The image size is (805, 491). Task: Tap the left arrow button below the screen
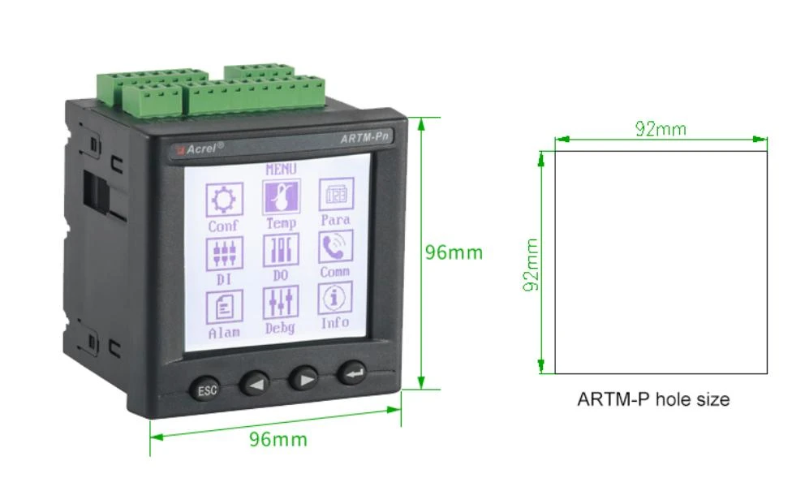click(x=255, y=382)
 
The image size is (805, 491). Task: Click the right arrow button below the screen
click(x=304, y=379)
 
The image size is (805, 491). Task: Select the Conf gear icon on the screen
click(x=224, y=200)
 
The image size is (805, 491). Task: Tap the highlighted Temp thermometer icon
click(x=281, y=196)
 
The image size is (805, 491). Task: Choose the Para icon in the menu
click(x=336, y=194)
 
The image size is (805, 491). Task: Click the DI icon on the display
click(x=224, y=254)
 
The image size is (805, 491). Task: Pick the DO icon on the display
click(x=281, y=250)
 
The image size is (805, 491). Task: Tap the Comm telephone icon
click(x=336, y=247)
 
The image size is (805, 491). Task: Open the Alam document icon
click(x=224, y=307)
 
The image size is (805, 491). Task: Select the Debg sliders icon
click(x=280, y=302)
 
